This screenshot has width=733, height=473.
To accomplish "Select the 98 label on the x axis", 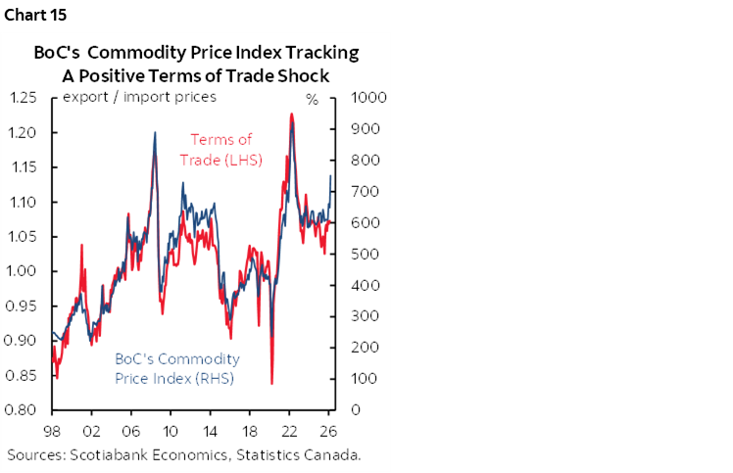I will pos(52,431).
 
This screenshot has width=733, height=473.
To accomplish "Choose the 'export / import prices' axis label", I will pos(139,97).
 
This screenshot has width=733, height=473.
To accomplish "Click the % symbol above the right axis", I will pos(313,100).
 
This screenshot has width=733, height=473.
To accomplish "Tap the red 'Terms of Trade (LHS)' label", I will pos(220,149).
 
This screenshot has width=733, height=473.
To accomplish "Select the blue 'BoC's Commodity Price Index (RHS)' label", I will pos(175,368).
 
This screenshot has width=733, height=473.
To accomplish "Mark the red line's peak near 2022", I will pos(292,115).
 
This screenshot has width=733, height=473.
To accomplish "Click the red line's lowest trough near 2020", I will pos(271,384).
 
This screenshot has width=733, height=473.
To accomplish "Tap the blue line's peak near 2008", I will pos(155,133).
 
